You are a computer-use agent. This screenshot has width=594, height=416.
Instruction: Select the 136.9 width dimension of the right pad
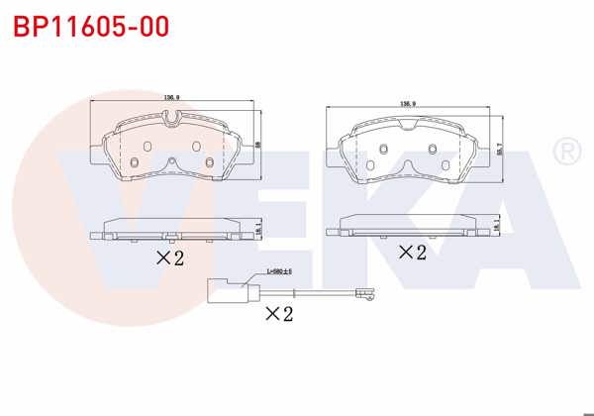[406, 103]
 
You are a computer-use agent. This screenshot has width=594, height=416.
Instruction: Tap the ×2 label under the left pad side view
[170, 259]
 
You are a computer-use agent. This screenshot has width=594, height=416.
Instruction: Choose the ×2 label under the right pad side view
[411, 252]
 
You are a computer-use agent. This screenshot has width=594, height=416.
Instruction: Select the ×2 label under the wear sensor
[279, 314]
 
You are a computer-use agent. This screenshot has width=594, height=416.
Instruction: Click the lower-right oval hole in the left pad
[210, 164]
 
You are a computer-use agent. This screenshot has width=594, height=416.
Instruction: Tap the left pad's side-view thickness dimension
[258, 228]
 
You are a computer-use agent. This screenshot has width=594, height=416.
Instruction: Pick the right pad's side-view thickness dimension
[496, 227]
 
